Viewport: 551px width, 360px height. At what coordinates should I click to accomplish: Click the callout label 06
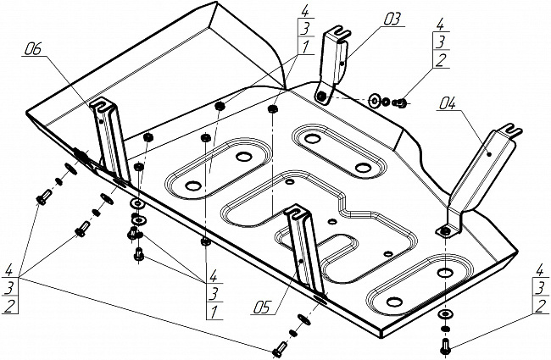(33, 49)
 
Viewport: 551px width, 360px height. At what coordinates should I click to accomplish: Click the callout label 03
(391, 19)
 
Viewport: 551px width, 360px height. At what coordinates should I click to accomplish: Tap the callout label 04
(447, 103)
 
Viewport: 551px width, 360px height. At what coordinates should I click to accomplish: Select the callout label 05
(263, 308)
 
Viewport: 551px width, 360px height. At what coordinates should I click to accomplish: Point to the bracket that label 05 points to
(304, 249)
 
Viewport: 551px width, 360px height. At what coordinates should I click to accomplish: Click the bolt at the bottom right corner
(444, 346)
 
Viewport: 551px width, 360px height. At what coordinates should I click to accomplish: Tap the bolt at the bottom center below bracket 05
(279, 350)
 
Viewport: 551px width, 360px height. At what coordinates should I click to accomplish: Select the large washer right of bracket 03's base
(375, 101)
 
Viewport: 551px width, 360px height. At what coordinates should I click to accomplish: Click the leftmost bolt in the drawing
(42, 197)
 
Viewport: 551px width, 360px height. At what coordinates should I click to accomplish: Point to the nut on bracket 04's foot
(445, 230)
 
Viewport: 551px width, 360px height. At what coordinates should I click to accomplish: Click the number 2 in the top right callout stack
(441, 60)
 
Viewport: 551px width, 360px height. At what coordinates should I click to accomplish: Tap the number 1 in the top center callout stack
(304, 47)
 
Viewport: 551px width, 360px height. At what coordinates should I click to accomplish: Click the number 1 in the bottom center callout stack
(214, 311)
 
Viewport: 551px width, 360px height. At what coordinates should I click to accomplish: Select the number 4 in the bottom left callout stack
(9, 271)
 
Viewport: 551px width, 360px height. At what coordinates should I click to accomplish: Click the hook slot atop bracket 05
(295, 210)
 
